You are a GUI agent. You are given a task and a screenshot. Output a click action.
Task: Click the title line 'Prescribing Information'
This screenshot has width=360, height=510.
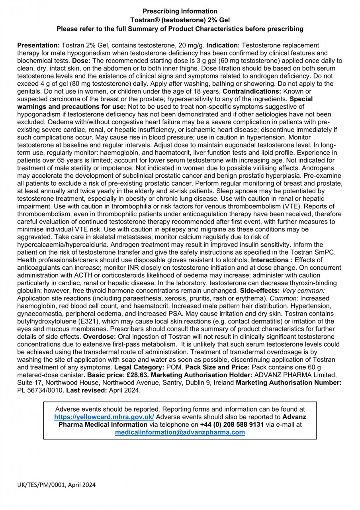coord(180,11)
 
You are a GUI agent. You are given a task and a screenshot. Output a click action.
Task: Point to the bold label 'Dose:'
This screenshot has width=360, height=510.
coord(81,61)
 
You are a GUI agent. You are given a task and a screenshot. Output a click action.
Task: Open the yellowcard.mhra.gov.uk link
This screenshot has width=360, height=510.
coord(104,417)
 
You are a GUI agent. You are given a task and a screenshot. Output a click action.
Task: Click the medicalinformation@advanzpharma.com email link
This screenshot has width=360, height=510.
coord(180,432)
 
